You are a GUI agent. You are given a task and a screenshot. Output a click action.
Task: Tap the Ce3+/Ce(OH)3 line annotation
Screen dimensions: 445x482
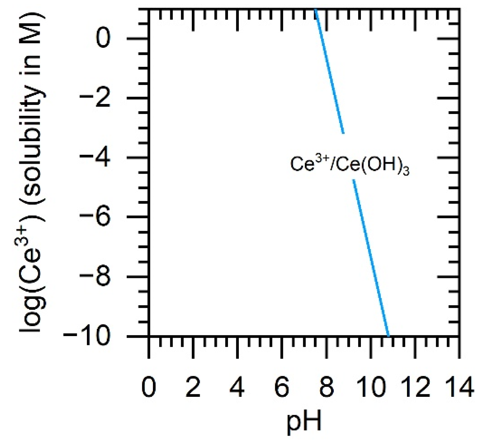point(350,164)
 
